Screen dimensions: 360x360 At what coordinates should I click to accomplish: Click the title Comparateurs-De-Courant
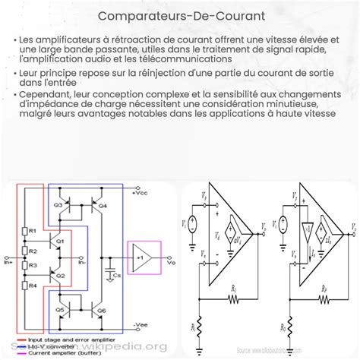(179, 14)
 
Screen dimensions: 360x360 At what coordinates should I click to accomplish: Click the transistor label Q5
(60, 311)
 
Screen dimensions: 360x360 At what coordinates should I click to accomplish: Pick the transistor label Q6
(102, 311)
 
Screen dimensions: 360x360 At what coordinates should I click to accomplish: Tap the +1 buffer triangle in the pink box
(142, 259)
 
